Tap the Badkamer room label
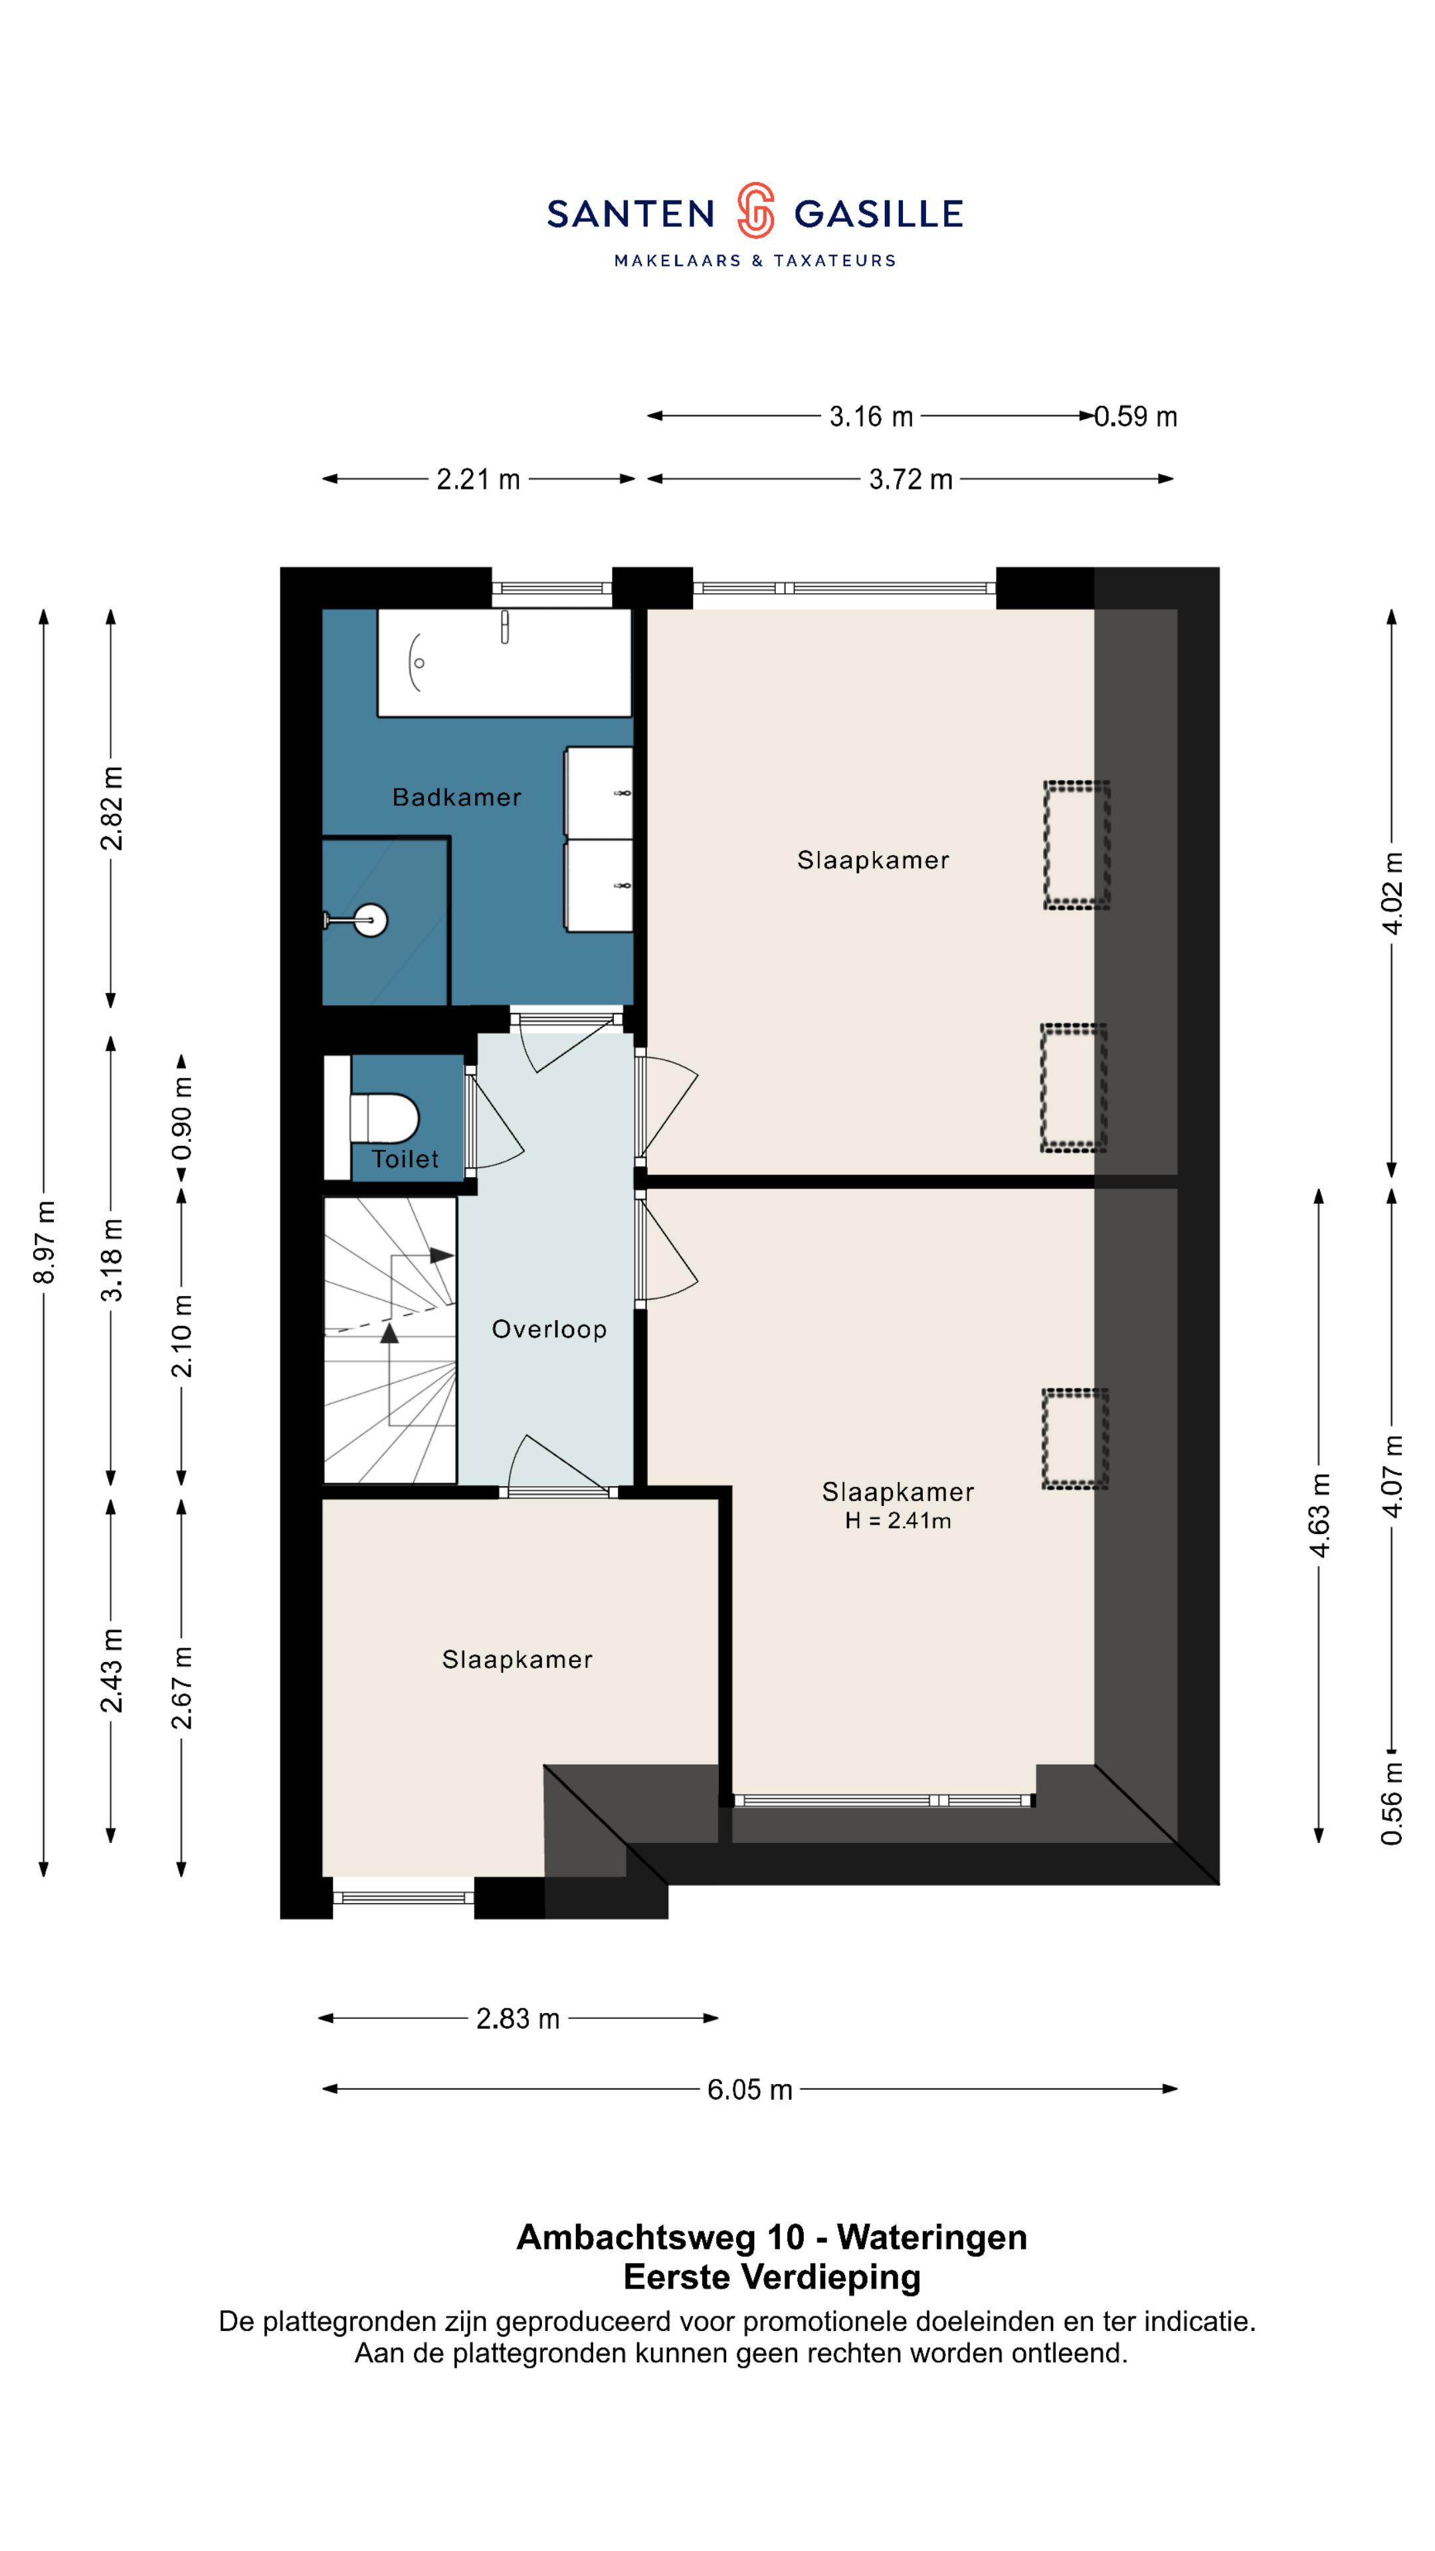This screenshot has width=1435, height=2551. pos(456,797)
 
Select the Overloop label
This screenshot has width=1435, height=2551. pos(549,1329)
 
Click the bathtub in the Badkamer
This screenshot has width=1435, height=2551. pos(504,662)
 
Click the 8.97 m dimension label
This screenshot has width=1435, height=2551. pos(45,1242)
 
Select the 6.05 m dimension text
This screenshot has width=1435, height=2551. pos(749,2089)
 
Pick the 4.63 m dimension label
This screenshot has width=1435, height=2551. pos(1320,1515)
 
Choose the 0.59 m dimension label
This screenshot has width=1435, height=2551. pos(1136,417)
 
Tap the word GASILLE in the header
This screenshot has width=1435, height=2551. pos(878,214)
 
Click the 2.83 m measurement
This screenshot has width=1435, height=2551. pos(518,2018)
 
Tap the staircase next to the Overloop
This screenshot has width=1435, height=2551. pos(390,1340)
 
